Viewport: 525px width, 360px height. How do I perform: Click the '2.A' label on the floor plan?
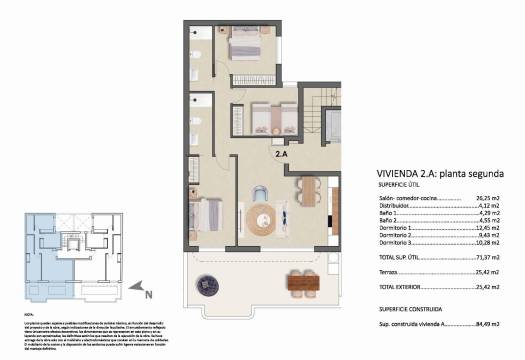pyautogui.click(x=283, y=155)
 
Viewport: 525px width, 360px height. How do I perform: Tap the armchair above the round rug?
pyautogui.click(x=261, y=193)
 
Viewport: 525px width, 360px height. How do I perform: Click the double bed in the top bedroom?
pyautogui.click(x=243, y=46)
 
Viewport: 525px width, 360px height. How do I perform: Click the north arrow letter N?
pyautogui.click(x=148, y=294)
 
